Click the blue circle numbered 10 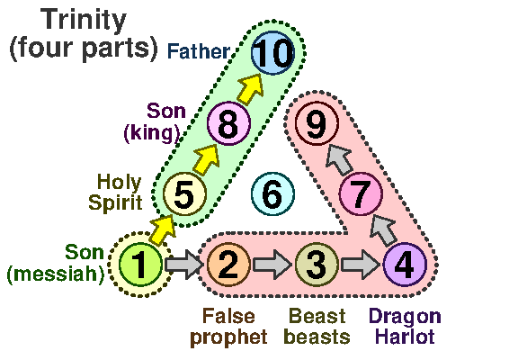(272, 53)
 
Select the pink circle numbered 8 (228, 123)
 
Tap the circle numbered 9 (317, 123)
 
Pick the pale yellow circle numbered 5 (184, 193)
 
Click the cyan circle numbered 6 (272, 193)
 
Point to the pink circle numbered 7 (361, 193)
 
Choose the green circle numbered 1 (140, 265)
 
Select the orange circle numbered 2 (228, 265)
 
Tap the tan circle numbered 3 (317, 265)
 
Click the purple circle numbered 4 (405, 265)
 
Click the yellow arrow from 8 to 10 (250, 88)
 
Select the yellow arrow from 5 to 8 (207, 158)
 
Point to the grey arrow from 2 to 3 (272, 265)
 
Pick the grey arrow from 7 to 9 (339, 159)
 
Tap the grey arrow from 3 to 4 (360, 265)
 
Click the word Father (199, 51)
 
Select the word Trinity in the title (84, 21)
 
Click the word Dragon (405, 317)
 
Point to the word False (228, 316)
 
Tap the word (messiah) (56, 274)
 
